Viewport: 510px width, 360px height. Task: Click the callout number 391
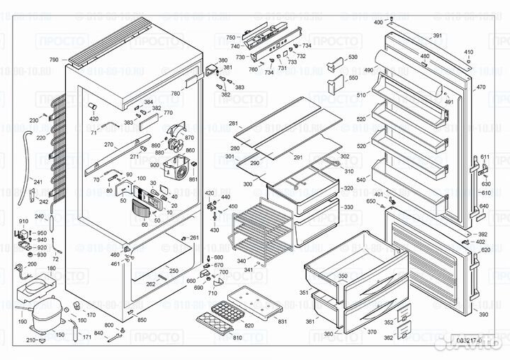point(437,35)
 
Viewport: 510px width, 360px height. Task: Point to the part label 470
point(481,87)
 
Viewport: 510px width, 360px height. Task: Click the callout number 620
point(484,250)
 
